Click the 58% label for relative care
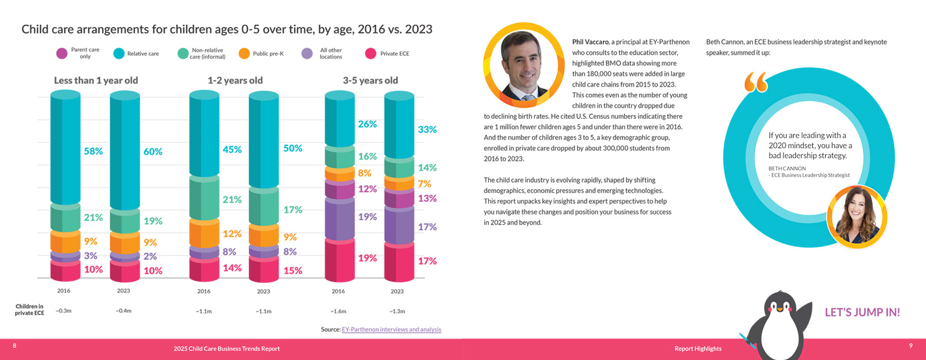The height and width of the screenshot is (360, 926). click(93, 151)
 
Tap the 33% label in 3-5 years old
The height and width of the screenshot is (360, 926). click(427, 130)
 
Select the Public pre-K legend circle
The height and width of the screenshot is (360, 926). click(244, 53)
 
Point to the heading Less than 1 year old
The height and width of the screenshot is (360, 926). click(96, 80)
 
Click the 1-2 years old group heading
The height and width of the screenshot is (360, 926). click(235, 80)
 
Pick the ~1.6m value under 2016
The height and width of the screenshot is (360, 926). click(338, 311)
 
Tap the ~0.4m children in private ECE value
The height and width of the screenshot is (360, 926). click(123, 311)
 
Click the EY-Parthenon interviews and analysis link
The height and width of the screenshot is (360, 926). click(391, 329)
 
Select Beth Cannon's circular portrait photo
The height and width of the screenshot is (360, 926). click(857, 217)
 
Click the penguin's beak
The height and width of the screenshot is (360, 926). click(779, 310)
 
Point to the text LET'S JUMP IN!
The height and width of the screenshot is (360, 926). click(862, 312)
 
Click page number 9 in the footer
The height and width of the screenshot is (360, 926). click(911, 346)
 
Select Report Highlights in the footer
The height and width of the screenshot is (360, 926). click(698, 349)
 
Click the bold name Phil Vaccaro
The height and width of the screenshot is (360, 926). click(590, 42)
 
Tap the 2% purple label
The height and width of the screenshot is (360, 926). click(150, 256)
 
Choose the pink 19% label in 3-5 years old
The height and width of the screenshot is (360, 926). click(367, 258)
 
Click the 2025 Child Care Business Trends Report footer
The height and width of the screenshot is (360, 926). click(226, 349)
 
